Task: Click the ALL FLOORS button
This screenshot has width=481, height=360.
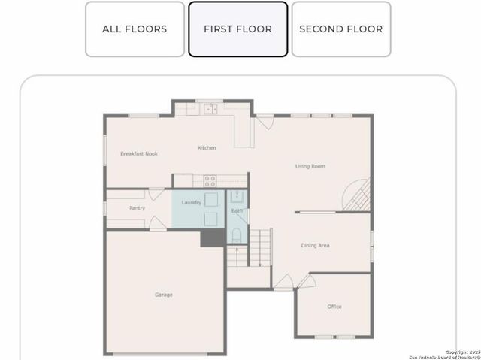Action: click(x=135, y=29)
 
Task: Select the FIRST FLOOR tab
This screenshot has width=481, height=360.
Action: click(x=237, y=29)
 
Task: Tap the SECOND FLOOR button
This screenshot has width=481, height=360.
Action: click(x=340, y=29)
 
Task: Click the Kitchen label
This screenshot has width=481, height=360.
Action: click(x=207, y=148)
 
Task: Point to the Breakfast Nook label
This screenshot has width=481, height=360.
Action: click(x=139, y=154)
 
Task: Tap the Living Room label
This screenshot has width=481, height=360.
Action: click(x=310, y=166)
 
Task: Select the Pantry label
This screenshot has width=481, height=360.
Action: click(x=137, y=208)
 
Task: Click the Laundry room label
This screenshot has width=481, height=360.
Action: click(x=191, y=203)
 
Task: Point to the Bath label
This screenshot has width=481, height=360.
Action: click(x=236, y=211)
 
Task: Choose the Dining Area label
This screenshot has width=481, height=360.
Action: click(x=315, y=246)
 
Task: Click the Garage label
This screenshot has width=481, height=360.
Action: click(x=164, y=295)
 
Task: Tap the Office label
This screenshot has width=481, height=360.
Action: click(x=334, y=307)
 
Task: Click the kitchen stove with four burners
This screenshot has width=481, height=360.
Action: click(x=210, y=180)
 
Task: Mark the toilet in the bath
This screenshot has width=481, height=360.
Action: click(x=236, y=234)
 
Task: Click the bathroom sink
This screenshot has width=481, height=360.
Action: click(x=235, y=197)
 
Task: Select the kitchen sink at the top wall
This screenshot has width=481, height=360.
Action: click(x=208, y=110)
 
